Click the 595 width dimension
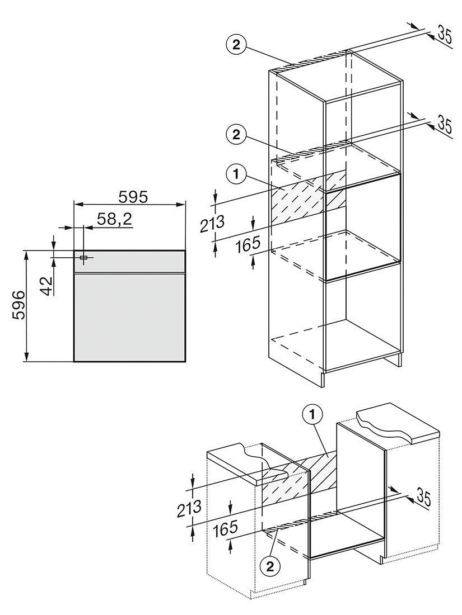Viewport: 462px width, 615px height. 133,197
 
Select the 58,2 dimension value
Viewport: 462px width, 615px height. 115,220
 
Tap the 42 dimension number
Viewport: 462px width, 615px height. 46,285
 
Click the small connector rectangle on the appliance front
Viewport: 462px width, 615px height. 83,257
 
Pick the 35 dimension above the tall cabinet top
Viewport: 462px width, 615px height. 444,35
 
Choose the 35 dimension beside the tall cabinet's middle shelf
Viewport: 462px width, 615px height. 444,124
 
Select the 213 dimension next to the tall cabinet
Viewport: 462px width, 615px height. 213,224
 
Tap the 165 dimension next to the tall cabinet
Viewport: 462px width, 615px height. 248,244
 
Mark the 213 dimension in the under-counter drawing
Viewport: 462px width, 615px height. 189,508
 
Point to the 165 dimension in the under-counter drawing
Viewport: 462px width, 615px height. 225,529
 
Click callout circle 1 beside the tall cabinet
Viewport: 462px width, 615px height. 236,174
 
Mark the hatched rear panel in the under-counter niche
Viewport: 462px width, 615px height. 299,479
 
